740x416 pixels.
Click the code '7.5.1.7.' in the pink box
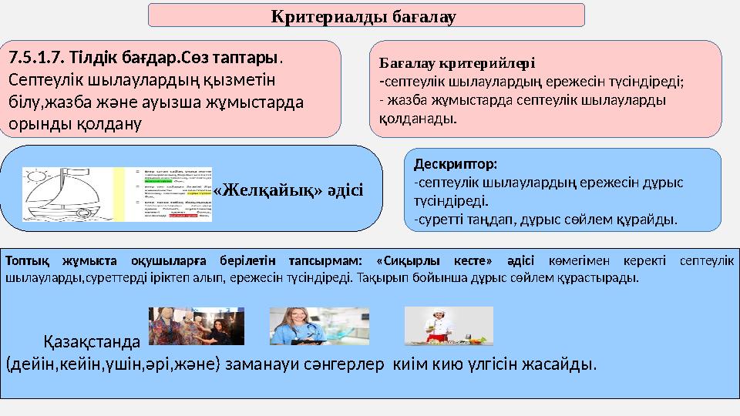[x=35, y=58]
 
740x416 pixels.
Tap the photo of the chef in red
[x=449, y=326]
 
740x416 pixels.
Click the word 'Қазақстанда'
[x=92, y=340]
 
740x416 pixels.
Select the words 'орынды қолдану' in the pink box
[x=74, y=123]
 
